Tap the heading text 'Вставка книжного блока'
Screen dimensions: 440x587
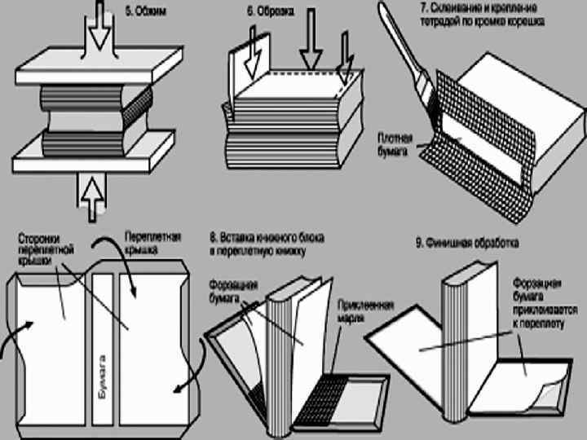click(273, 239)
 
